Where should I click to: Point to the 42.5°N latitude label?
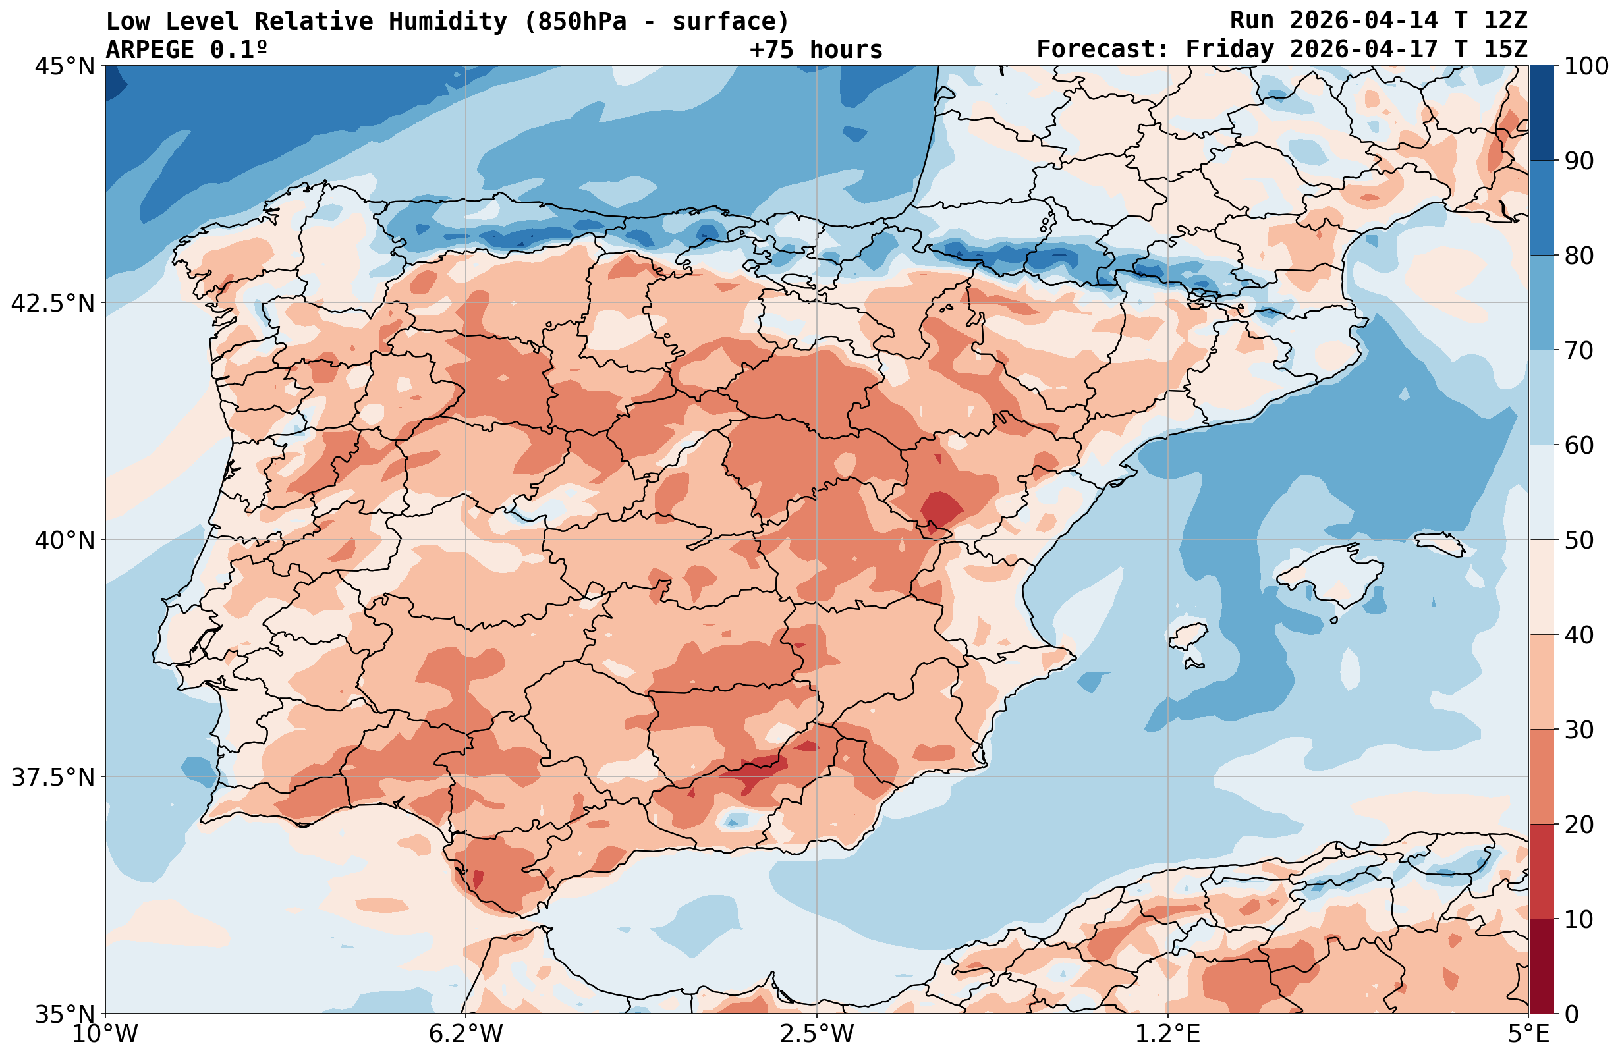(53, 303)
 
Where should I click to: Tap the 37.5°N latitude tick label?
(53, 777)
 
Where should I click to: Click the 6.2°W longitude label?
(466, 1034)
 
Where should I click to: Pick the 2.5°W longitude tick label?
(817, 1034)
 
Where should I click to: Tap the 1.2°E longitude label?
(1168, 1034)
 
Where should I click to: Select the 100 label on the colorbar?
(1586, 67)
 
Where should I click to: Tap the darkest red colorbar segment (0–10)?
(1542, 967)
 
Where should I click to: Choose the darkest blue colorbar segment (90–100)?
(1542, 113)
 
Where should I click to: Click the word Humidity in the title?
(448, 22)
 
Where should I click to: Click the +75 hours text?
(816, 49)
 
